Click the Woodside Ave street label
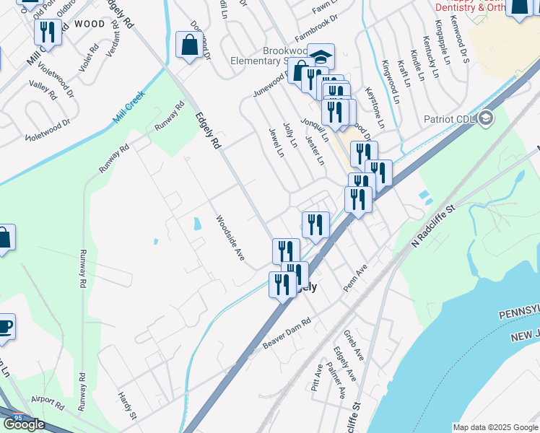tap(230, 238)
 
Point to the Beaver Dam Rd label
tap(286, 333)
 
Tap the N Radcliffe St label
tap(435, 227)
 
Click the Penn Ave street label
tap(355, 277)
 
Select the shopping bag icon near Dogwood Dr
tap(188, 45)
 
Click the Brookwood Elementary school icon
tap(321, 56)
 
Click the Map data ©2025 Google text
tap(495, 427)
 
